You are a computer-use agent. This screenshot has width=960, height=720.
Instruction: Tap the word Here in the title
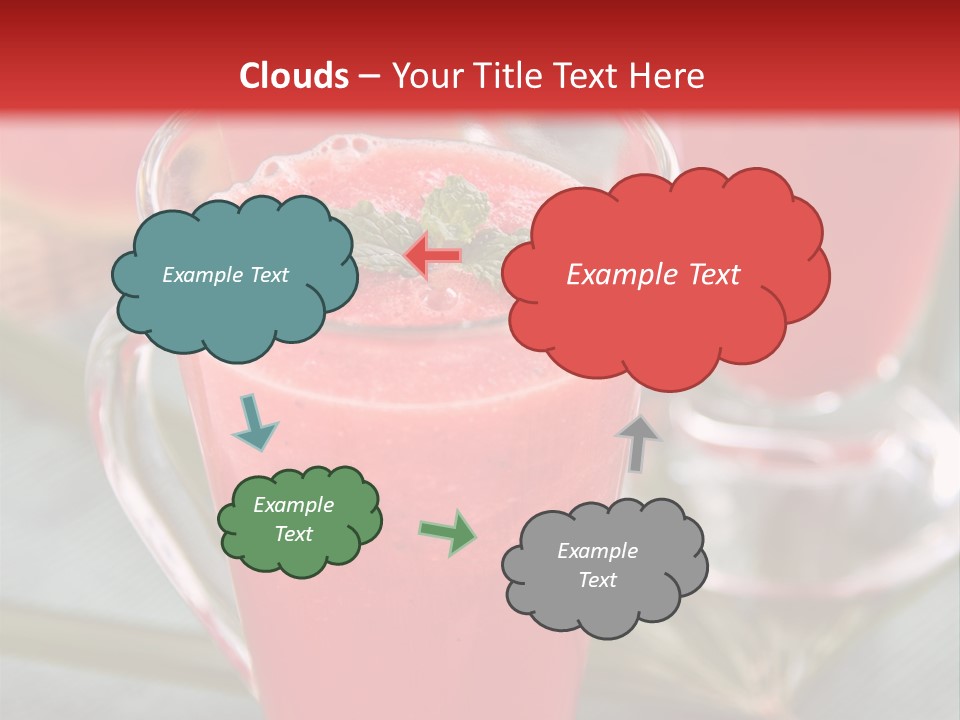668,76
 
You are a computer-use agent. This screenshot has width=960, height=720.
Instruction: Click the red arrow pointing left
432,256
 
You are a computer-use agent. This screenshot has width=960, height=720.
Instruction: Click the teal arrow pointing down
254,424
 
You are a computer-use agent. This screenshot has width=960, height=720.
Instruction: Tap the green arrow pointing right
447,532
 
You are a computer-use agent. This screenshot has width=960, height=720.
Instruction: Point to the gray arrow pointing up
638,441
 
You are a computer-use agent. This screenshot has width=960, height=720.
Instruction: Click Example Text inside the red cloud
653,275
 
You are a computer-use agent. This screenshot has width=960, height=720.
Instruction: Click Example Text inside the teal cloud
225,275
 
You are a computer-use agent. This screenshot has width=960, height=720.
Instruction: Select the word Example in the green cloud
293,505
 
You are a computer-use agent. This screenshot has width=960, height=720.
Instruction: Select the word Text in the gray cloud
597,580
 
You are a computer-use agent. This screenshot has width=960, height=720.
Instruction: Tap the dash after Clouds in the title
368,76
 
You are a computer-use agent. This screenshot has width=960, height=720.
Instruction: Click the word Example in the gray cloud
597,551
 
